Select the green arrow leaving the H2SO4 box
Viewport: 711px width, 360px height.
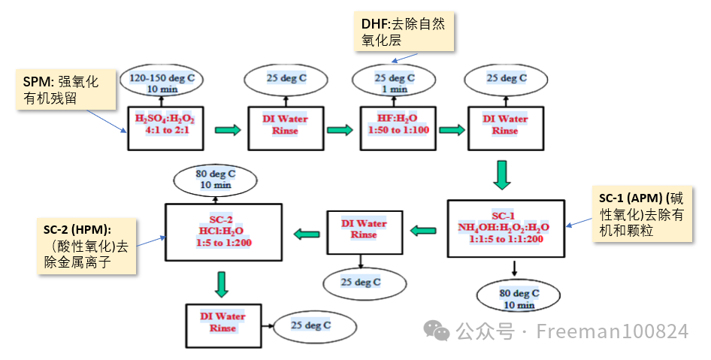(x=228, y=130)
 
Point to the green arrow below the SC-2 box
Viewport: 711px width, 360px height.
(x=220, y=283)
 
